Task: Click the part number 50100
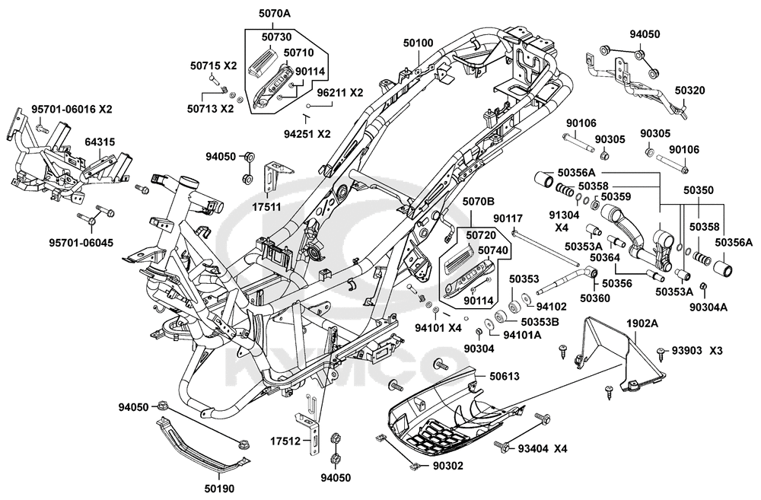418,44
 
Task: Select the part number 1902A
642,323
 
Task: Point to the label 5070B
478,201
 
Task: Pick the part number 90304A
708,307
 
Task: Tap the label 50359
616,197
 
